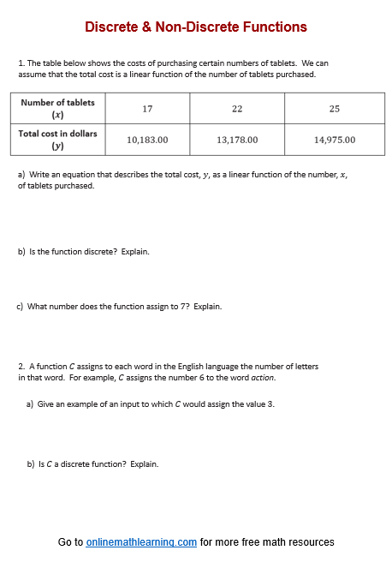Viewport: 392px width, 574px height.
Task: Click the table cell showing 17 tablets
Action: coord(147,108)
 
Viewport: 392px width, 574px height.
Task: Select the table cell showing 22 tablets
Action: coord(237,108)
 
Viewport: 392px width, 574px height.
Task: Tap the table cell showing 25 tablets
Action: coord(335,108)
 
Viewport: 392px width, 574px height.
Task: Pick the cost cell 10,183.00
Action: coord(147,139)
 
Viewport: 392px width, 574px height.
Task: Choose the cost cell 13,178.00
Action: coord(237,139)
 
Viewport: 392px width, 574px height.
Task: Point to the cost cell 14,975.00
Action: coord(335,139)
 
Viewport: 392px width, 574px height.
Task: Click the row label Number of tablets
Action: coord(58,102)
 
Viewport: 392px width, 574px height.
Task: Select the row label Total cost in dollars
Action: coord(58,133)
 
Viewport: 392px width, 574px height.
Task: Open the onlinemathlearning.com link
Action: coord(141,542)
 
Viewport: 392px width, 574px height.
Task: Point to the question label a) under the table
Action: coord(21,175)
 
